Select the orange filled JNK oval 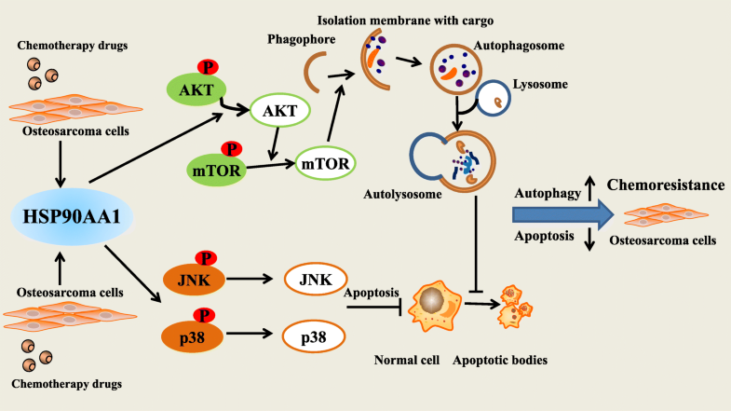(x=193, y=278)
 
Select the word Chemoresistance (x=666, y=185)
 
